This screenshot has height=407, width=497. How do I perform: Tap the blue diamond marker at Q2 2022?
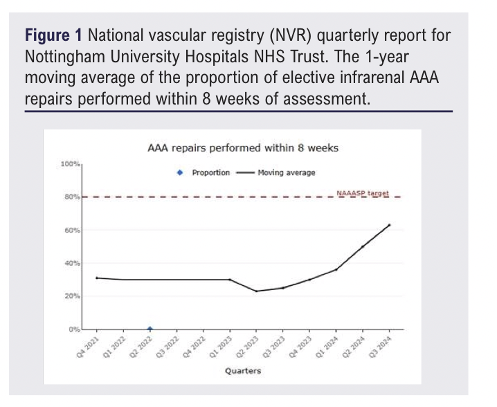pyautogui.click(x=150, y=329)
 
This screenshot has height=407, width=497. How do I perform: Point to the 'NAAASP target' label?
pyautogui.click(x=363, y=192)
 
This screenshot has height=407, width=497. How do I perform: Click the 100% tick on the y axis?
pyautogui.click(x=71, y=164)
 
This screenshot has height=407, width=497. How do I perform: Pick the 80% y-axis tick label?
pyautogui.click(x=73, y=197)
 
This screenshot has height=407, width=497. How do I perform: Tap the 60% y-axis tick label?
pyautogui.click(x=73, y=230)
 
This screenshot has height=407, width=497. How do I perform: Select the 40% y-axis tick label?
pyautogui.click(x=73, y=263)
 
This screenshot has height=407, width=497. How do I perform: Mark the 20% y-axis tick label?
pyautogui.click(x=73, y=296)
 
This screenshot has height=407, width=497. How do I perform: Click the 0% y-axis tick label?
pyautogui.click(x=74, y=329)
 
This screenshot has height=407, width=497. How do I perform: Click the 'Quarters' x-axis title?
pyautogui.click(x=242, y=372)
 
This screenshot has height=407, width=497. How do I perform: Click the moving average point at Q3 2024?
pyautogui.click(x=389, y=225)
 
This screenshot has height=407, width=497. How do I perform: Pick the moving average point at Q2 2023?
pyautogui.click(x=256, y=291)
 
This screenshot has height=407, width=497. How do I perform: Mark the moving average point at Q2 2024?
pyautogui.click(x=363, y=246)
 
